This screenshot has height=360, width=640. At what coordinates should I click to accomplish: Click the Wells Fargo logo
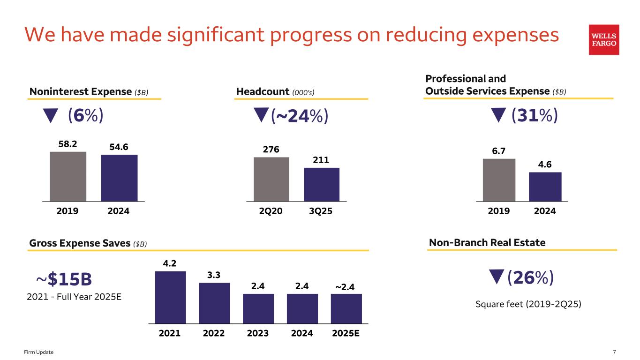pyautogui.click(x=604, y=40)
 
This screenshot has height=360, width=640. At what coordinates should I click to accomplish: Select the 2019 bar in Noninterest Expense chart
pyautogui.click(x=68, y=176)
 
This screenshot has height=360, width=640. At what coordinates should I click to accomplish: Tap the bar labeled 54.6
pyautogui.click(x=119, y=178)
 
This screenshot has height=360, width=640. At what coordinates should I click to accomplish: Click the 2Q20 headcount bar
pyautogui.click(x=271, y=179)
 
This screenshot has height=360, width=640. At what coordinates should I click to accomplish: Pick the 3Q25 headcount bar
pyautogui.click(x=322, y=184)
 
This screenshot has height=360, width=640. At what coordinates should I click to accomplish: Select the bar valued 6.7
pyautogui.click(x=499, y=180)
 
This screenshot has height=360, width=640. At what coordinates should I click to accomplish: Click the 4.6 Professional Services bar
pyautogui.click(x=545, y=187)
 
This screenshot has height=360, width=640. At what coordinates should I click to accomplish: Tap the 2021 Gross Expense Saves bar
pyautogui.click(x=170, y=297)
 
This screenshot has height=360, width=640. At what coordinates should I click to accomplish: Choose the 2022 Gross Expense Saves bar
pyautogui.click(x=214, y=303)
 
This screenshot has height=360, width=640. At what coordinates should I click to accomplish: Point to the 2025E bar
pyautogui.click(x=346, y=308)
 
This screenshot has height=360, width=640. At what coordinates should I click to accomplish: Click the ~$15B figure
pyautogui.click(x=64, y=279)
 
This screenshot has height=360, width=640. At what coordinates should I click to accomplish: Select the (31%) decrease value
pyautogui.click(x=534, y=115)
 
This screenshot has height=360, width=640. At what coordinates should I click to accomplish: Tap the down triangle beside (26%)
pyautogui.click(x=496, y=277)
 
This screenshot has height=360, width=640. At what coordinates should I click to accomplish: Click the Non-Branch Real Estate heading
pyautogui.click(x=487, y=242)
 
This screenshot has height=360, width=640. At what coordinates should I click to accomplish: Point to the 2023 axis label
pyautogui.click(x=258, y=333)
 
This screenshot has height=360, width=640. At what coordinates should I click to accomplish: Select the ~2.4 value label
pyautogui.click(x=345, y=286)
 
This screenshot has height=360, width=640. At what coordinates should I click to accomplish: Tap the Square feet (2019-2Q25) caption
pyautogui.click(x=528, y=304)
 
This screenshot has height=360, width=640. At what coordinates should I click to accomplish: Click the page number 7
pyautogui.click(x=614, y=352)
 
